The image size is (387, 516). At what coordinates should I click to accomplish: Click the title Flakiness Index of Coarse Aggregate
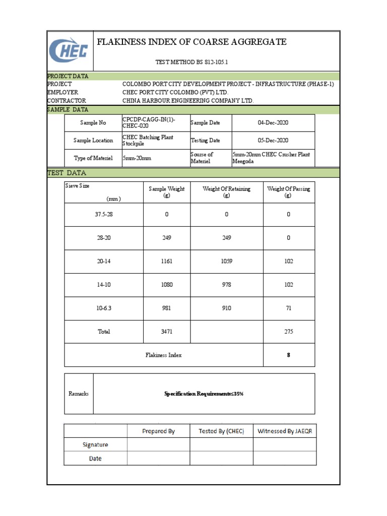[191, 42]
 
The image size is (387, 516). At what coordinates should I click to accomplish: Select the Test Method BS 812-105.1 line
[194, 62]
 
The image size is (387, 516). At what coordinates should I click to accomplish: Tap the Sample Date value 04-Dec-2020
[273, 123]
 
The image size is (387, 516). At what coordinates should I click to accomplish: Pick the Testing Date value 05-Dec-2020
[273, 141]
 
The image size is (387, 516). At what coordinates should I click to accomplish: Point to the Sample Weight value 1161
[166, 262]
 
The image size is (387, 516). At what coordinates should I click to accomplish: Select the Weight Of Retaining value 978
[226, 285]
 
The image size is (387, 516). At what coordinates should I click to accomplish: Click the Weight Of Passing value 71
[289, 308]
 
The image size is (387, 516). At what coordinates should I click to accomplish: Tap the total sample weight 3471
[166, 332]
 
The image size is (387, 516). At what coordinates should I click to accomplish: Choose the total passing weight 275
[289, 332]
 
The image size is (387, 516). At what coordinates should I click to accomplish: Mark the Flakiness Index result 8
[289, 355]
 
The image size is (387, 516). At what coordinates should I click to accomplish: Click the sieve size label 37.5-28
[104, 214]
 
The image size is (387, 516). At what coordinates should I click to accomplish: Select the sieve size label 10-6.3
[104, 308]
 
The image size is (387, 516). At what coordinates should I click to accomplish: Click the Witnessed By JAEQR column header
[285, 431]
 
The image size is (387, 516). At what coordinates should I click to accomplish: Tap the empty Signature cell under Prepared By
[158, 445]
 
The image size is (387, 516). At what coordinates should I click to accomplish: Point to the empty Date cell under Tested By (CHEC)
[221, 459]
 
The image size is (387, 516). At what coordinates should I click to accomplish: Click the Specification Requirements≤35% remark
[204, 394]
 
